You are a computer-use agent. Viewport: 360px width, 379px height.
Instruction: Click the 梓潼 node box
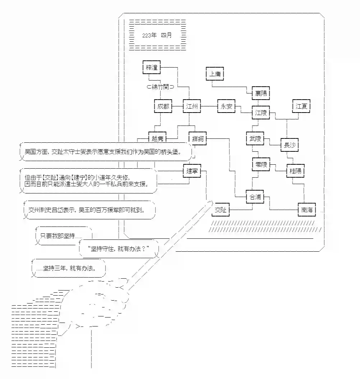coord(151,67)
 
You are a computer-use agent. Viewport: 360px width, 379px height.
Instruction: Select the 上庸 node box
coord(215,74)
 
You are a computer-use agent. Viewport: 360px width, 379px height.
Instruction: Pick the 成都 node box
coord(163,106)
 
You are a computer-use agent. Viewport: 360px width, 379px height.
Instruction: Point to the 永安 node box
coord(227,106)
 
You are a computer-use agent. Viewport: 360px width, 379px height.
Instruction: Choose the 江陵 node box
coord(260,113)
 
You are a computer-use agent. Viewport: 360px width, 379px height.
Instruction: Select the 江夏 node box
coord(301,106)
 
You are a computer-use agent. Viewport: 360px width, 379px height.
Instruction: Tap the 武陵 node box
coord(255,139)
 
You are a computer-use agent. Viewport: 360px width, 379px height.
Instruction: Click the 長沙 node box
coord(289,145)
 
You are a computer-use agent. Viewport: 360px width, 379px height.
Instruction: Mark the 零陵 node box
coord(260,165)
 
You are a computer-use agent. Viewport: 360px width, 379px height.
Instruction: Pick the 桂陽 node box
coord(295,171)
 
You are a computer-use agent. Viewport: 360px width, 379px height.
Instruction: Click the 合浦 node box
coord(255,197)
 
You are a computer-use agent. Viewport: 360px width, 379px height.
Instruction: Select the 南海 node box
coord(306,210)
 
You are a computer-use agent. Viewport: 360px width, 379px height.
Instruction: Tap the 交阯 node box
coord(221,210)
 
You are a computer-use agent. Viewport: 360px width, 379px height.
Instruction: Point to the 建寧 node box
coord(192,171)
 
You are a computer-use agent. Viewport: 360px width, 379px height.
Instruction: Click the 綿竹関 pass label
coord(161,87)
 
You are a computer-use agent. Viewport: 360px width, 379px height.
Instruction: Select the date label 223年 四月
coord(157,35)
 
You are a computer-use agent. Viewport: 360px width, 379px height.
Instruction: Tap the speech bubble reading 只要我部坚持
coord(63,236)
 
